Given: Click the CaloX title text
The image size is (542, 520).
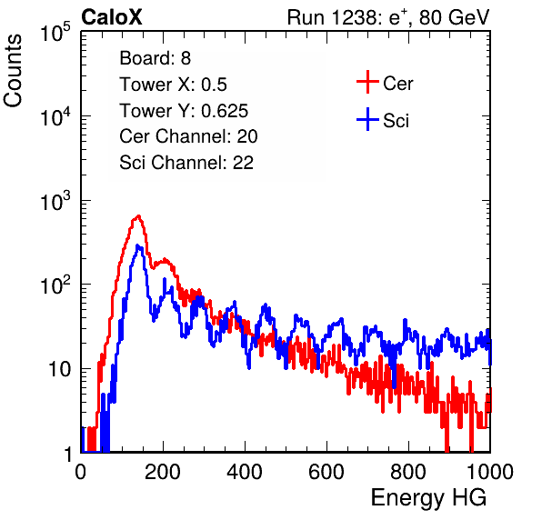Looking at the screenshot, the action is (112, 17).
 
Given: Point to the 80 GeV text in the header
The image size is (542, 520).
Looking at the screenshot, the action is (454, 17).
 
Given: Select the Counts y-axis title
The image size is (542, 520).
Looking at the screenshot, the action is (13, 71).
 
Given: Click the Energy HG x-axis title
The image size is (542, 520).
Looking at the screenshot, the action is (428, 498).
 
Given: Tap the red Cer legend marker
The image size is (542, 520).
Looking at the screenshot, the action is (367, 82).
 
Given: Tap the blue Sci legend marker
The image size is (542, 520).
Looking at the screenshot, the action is (367, 120).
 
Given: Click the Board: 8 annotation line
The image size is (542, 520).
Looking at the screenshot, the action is (155, 58).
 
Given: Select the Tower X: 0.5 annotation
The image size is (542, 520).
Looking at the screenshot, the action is (173, 85).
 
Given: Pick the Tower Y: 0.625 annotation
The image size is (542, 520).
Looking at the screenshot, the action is (184, 111).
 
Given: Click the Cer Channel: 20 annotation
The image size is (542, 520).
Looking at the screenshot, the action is (188, 136).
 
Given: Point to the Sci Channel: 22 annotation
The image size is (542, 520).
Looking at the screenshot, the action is (186, 163).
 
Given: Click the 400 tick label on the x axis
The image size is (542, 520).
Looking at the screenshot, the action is (245, 472).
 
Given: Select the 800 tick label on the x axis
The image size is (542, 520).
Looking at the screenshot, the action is (408, 472).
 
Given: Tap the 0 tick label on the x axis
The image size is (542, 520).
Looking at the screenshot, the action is (81, 472).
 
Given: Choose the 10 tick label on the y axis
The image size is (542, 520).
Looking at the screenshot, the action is (59, 369).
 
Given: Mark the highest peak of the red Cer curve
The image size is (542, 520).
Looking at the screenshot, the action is (138, 216).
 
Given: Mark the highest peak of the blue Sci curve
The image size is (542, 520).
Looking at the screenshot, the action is (137, 245).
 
